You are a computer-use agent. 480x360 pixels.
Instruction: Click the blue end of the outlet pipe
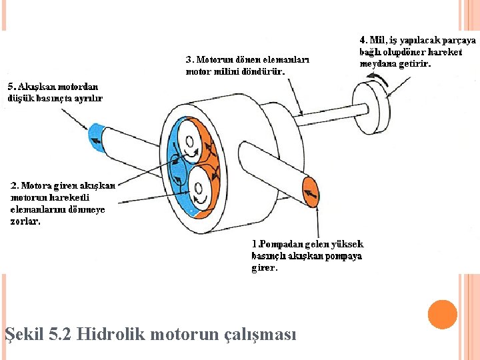(97, 137)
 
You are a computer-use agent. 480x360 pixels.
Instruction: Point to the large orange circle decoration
(442, 315)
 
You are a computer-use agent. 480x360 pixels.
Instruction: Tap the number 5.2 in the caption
(60, 333)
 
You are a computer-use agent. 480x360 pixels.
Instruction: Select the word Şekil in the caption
(25, 333)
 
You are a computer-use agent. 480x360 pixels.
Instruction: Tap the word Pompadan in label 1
(283, 245)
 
